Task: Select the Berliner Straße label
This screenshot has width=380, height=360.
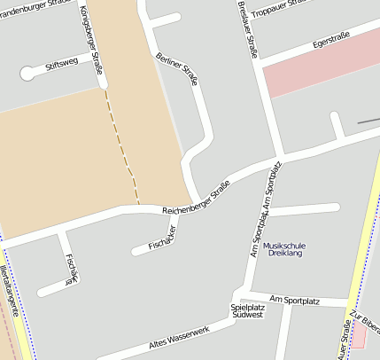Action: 178,70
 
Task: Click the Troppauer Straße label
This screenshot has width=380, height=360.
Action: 281,9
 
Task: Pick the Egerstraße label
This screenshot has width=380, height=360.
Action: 331,40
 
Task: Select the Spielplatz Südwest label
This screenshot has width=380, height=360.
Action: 247,310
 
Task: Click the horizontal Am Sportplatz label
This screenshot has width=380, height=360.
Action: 294,301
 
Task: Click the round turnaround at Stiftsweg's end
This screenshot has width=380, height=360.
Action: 27,74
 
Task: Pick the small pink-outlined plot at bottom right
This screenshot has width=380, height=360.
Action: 359,335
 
